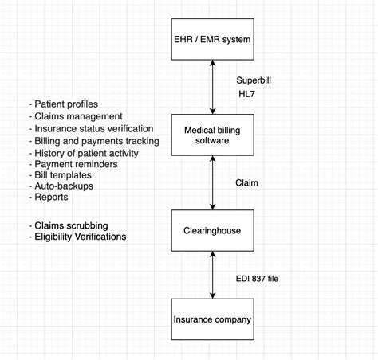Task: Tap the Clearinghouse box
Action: [213, 232]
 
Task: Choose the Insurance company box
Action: [213, 320]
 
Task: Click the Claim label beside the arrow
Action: [248, 183]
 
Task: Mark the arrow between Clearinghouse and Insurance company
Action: [213, 276]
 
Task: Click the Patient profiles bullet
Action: [65, 105]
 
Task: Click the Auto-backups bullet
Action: [61, 186]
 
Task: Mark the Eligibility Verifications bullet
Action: [79, 237]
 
